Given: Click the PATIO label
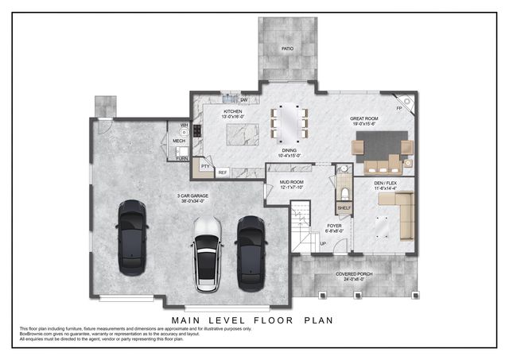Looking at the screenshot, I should click(x=286, y=48).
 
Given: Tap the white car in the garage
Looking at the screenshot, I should click(x=207, y=252).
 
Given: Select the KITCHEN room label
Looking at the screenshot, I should click(x=232, y=111).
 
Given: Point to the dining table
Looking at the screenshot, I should click(x=289, y=122).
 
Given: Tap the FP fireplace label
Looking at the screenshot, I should click(x=399, y=108).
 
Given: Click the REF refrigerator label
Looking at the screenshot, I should click(x=223, y=172).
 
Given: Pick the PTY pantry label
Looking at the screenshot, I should click(x=204, y=167).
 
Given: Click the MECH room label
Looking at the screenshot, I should click(x=179, y=141).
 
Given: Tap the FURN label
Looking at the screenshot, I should click(x=182, y=159).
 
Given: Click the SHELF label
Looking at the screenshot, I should click(x=344, y=208).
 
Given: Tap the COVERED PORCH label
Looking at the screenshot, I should click(x=354, y=274).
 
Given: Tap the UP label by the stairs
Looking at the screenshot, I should click(x=323, y=243).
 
